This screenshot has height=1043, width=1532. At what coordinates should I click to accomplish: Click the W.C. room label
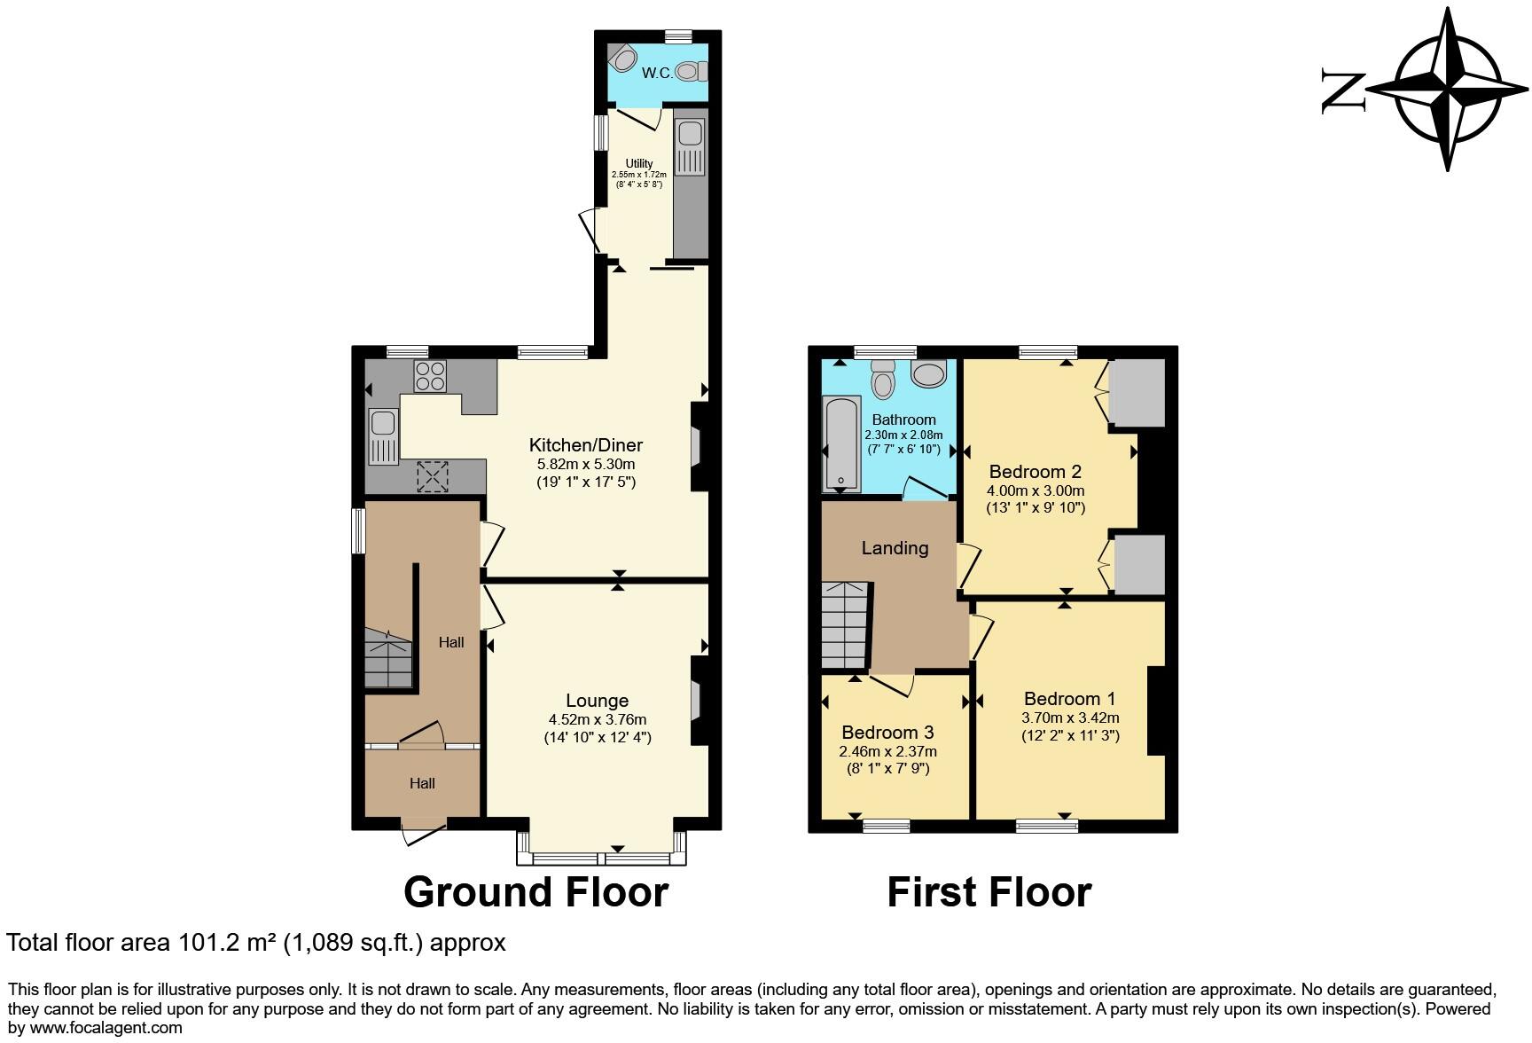(657, 73)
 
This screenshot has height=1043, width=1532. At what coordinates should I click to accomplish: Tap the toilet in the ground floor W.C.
(691, 70)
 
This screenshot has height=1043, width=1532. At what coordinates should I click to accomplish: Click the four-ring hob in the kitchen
(431, 376)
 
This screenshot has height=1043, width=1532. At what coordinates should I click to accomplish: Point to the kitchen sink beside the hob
(384, 435)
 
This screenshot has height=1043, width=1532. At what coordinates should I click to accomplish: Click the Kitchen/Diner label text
(585, 445)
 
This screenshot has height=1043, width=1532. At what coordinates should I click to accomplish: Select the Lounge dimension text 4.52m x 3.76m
(597, 719)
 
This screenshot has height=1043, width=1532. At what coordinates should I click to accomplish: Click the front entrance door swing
(423, 835)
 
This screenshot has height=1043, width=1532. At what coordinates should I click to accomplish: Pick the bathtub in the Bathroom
(841, 443)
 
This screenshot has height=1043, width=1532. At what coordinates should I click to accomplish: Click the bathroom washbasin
(928, 374)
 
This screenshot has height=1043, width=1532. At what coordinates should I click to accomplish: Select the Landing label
(895, 548)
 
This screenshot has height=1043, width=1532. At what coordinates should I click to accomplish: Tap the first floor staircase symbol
(844, 625)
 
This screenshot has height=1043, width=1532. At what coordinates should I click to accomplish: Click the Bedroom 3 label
(887, 733)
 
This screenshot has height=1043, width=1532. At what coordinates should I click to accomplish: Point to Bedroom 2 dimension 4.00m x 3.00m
(1035, 490)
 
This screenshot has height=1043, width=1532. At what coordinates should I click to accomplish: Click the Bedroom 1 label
(1069, 699)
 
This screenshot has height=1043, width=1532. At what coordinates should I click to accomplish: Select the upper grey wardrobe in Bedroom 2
(1137, 392)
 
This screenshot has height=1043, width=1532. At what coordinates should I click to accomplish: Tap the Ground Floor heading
(535, 892)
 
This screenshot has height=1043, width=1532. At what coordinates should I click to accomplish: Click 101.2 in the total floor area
(207, 943)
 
